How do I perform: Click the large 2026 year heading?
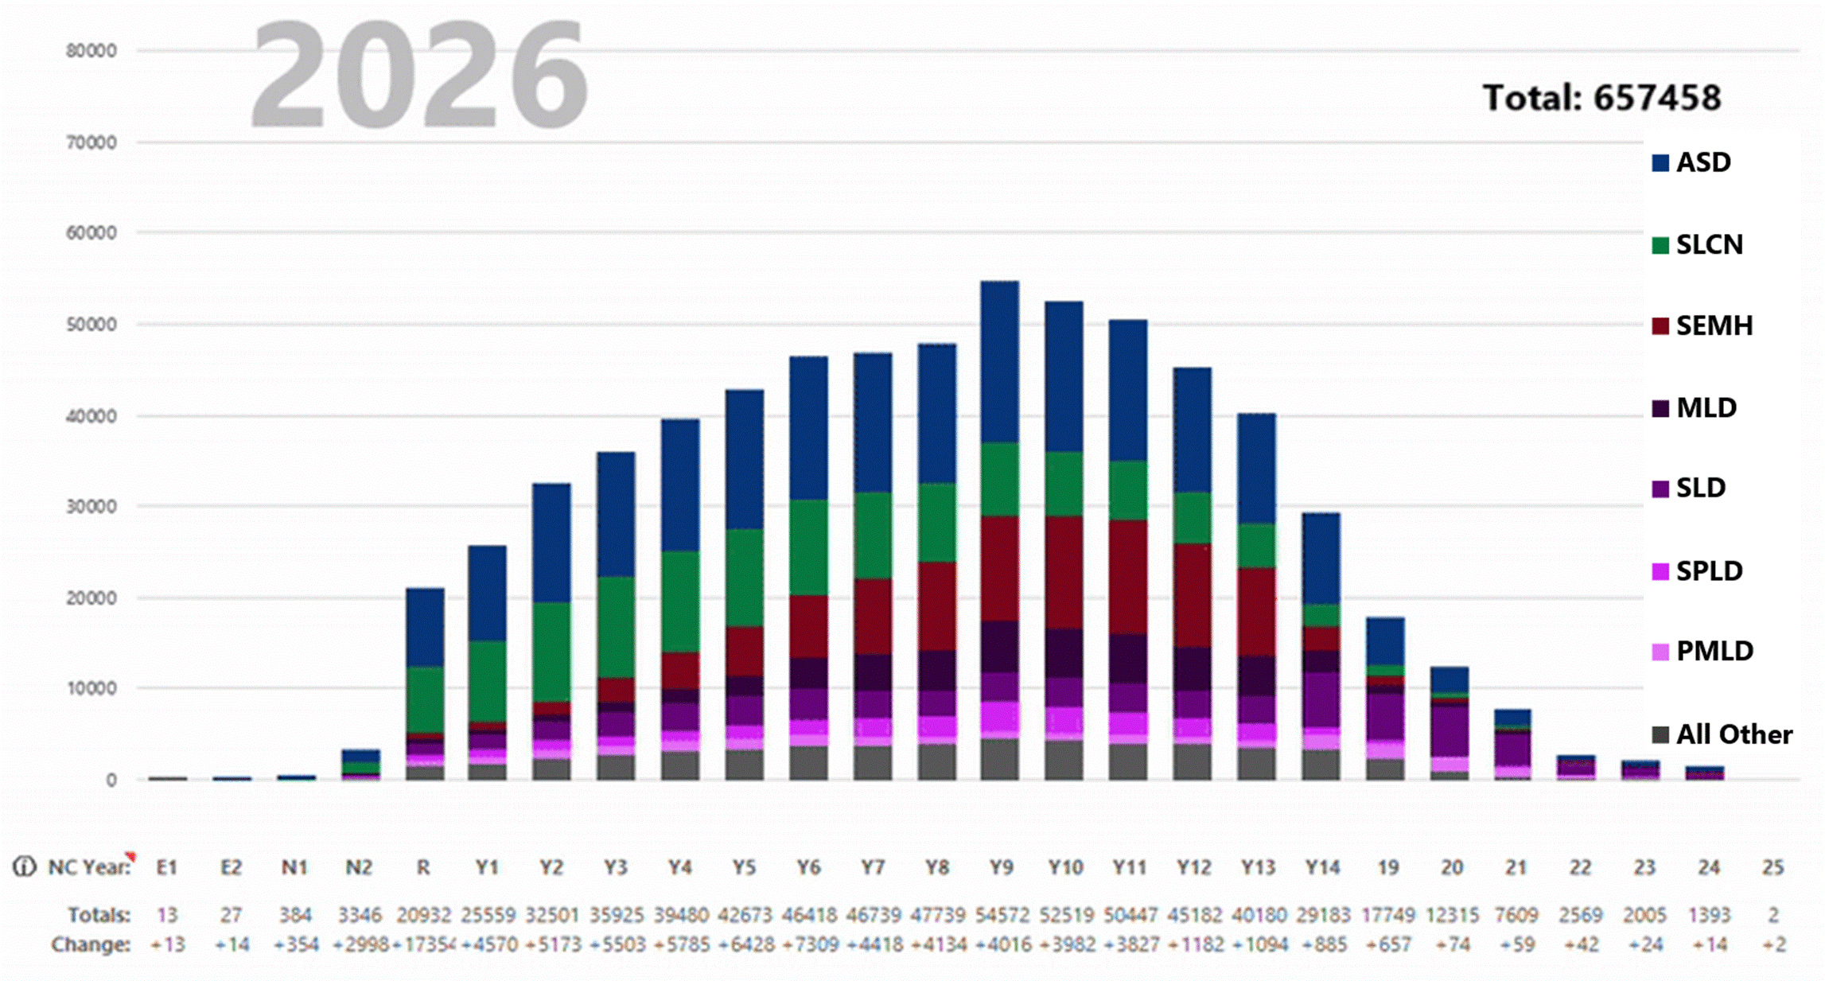(419, 76)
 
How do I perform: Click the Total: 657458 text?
(1601, 98)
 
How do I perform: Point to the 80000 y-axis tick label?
(91, 51)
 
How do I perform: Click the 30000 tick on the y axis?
(91, 507)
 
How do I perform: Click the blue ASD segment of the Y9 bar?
(1000, 362)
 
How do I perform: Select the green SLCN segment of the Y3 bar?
(616, 627)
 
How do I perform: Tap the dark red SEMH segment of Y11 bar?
(1128, 577)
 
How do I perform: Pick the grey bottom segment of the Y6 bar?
(808, 762)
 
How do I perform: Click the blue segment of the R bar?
(425, 627)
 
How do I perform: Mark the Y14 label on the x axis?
(1321, 867)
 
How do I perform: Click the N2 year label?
(359, 867)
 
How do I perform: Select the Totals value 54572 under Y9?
(1001, 915)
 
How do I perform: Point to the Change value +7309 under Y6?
(808, 945)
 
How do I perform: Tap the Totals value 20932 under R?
(423, 915)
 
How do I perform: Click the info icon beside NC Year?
(25, 867)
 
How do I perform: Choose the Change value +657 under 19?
(1387, 945)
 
